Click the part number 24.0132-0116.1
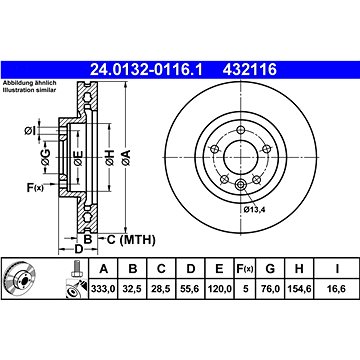[x=147, y=70]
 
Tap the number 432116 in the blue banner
[x=250, y=70]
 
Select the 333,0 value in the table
[x=104, y=289]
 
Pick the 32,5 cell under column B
[x=133, y=289]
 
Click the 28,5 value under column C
[x=161, y=289]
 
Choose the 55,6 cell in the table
[x=190, y=289]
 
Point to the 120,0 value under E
[x=219, y=289]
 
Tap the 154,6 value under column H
[x=299, y=289]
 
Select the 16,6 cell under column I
[x=337, y=289]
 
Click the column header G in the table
[x=270, y=268]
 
